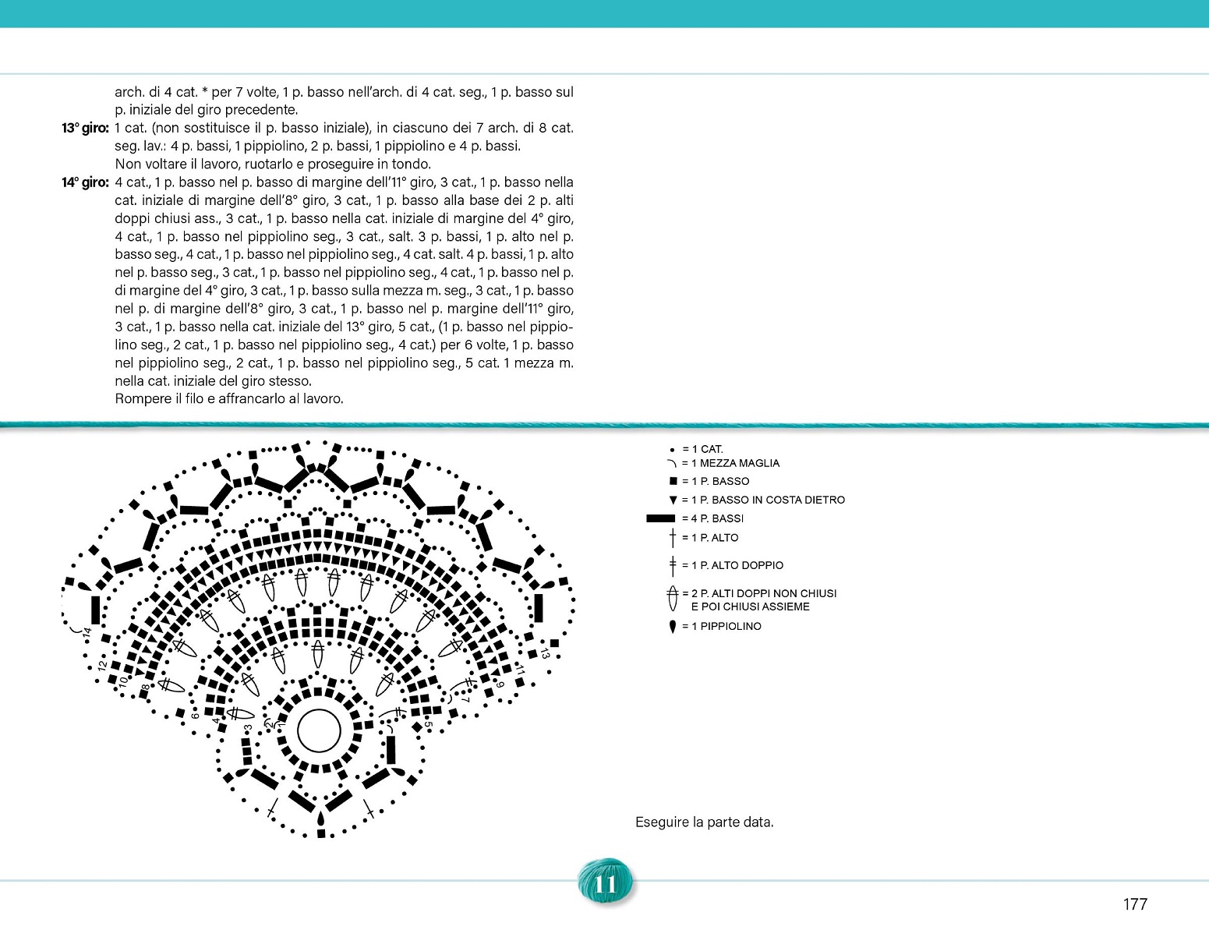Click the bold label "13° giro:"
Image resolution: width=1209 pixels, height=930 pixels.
[85, 128]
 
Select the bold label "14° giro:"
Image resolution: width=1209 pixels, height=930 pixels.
[85, 182]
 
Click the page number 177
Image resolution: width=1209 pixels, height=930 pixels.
[1135, 904]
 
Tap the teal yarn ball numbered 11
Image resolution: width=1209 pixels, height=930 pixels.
[605, 883]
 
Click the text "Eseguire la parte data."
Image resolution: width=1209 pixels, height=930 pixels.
[704, 822]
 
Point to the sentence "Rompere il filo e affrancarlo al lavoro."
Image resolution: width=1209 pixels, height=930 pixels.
[229, 399]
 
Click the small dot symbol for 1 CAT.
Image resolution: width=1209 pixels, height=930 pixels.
[672, 450]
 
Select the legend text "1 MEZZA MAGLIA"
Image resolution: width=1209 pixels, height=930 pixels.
[735, 463]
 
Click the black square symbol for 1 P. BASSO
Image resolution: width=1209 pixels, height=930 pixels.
[673, 482]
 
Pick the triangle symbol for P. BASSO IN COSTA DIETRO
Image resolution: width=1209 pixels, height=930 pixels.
[673, 500]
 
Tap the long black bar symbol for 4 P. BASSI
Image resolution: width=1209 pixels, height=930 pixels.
[660, 518]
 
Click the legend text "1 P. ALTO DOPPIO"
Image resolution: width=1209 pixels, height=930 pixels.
[737, 565]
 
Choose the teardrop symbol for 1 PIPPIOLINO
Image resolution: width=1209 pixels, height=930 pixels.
[673, 627]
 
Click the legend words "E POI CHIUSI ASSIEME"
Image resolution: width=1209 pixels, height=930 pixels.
[750, 606]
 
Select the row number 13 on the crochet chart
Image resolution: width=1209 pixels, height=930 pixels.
[545, 653]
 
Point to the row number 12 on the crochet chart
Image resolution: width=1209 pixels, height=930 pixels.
[102, 665]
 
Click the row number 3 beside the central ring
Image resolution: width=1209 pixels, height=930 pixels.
[248, 728]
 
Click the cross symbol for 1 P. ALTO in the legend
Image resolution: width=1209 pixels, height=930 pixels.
[673, 538]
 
